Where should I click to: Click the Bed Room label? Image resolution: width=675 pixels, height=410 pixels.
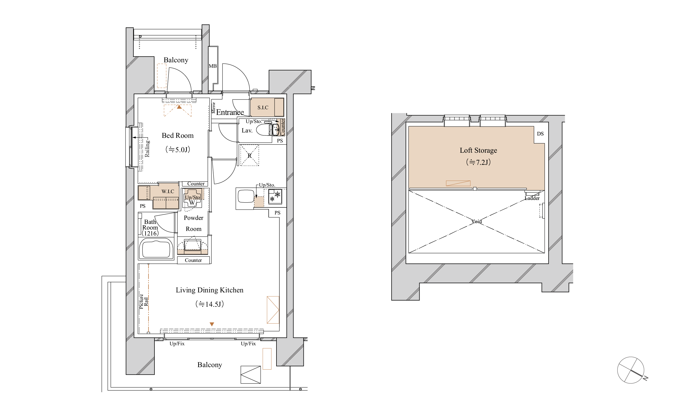tap(177, 135)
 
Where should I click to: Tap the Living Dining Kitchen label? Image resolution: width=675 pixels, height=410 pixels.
tap(210, 290)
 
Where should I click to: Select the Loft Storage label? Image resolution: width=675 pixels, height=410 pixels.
tap(478, 150)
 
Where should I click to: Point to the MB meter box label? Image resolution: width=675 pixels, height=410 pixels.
tap(212, 66)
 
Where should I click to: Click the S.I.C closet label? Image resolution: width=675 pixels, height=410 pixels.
tap(263, 108)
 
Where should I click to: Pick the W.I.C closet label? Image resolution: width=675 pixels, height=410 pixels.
tap(168, 192)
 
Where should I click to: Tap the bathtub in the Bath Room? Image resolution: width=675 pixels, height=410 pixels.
tap(156, 248)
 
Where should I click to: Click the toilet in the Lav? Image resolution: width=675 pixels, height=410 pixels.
tap(264, 130)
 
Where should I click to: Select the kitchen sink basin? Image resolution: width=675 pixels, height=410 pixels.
tap(246, 196)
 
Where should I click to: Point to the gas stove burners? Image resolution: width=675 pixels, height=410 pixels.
tap(275, 197)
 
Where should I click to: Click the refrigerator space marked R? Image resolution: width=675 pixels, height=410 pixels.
tap(249, 155)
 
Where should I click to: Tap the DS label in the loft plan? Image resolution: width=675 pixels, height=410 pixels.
tap(540, 134)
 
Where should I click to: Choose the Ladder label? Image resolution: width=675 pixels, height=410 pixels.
tap(532, 198)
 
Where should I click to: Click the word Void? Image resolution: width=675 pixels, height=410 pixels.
tap(476, 221)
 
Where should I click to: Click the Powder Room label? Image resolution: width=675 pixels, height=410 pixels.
tap(193, 223)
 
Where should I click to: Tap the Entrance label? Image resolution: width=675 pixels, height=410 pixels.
tap(230, 112)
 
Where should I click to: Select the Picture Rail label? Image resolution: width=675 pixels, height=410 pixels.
tap(143, 301)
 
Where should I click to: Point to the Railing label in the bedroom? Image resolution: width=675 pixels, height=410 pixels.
tap(147, 149)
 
